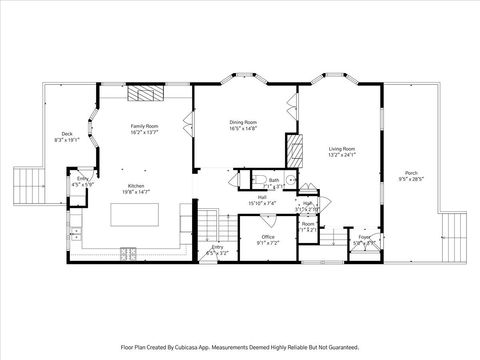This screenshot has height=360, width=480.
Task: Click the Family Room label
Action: (x=144, y=126)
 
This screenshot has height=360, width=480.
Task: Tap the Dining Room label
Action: (x=243, y=123)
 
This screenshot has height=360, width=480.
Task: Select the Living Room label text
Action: (x=342, y=149)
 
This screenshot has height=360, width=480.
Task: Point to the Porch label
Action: (x=411, y=173)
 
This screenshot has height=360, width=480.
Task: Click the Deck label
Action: (x=67, y=134)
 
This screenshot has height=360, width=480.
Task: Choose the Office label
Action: (x=267, y=236)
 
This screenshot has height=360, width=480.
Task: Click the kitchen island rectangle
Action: (x=135, y=215)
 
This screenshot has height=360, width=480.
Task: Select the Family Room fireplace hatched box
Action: (x=149, y=95)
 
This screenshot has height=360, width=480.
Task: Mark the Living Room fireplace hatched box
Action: (x=294, y=151)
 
